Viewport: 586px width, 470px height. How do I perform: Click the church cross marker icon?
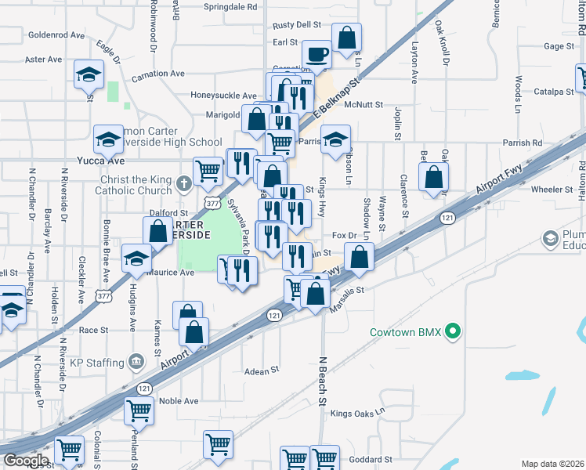point(183,185)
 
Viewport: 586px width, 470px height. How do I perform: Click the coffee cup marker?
point(317,54)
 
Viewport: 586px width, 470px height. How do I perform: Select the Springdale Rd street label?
point(230,6)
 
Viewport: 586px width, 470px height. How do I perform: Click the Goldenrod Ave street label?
point(56,35)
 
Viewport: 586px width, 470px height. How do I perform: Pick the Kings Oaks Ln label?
point(358,413)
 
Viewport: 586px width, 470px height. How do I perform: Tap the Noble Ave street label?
point(179,401)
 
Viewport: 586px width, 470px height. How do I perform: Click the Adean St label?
point(262,371)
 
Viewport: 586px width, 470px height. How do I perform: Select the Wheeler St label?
point(552,190)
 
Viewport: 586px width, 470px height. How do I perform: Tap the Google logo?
point(25,461)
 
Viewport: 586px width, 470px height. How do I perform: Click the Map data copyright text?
point(553,464)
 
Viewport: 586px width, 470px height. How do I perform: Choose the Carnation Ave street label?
point(157,74)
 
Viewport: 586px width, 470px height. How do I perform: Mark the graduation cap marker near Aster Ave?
point(89,75)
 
